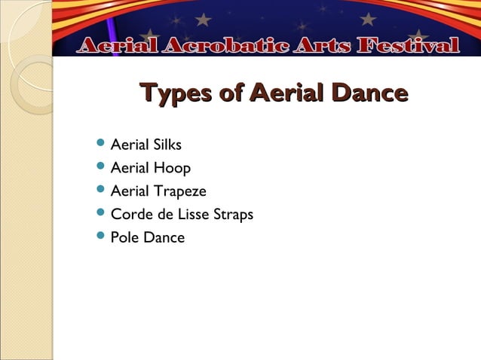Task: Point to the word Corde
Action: [x=130, y=214]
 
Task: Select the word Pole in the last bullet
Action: [x=124, y=237]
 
